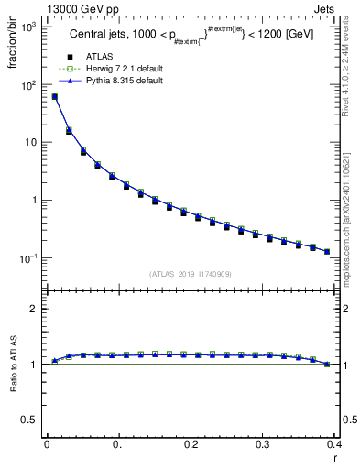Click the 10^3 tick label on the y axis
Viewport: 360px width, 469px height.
28,27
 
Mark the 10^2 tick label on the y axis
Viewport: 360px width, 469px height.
28,84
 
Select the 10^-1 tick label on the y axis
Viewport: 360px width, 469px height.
28,258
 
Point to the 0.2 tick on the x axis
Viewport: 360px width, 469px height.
191,448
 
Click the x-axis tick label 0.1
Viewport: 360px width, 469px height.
119,448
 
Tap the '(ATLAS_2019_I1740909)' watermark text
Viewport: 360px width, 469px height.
191,274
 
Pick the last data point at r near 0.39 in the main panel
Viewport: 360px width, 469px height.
327,251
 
